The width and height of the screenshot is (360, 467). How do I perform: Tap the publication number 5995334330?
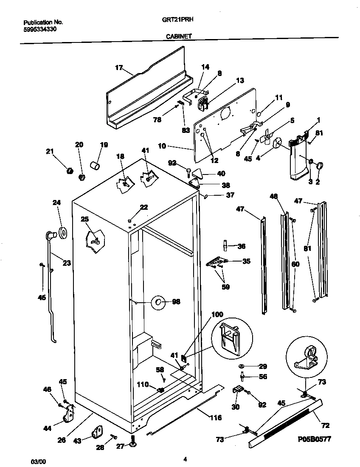coord(39,29)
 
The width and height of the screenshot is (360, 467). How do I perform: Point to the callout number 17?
coord(118,67)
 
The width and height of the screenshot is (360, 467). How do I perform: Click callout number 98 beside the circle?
coord(176,302)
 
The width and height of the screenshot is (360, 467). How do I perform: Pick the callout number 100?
coord(217,315)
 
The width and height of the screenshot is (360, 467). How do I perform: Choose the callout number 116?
coord(216,418)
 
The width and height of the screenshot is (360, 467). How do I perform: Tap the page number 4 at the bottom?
coord(185,459)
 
